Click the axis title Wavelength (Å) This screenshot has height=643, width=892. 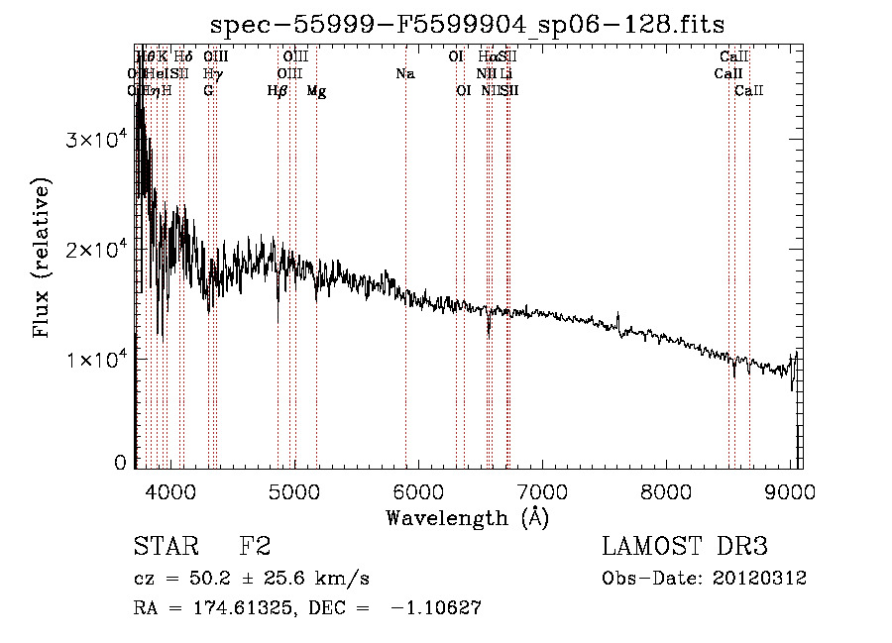466,517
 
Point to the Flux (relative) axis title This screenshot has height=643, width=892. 42,260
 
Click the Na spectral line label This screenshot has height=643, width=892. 404,74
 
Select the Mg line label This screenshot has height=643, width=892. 316,91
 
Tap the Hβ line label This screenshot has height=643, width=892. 278,91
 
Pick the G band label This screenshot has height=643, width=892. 208,91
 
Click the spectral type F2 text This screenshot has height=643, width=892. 255,547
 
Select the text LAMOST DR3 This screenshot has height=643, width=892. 685,547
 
